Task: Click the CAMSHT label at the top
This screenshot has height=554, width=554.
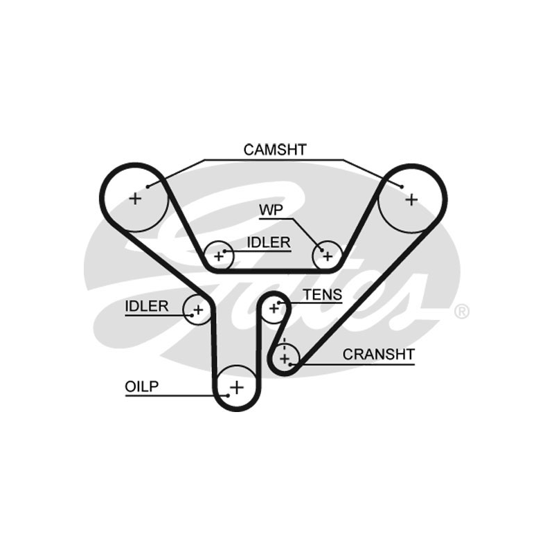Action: click(275, 150)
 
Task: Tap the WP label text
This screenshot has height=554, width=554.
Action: click(271, 210)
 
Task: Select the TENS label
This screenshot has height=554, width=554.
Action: click(323, 295)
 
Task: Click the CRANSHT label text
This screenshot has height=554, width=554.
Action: click(379, 355)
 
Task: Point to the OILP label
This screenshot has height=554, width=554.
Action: click(142, 386)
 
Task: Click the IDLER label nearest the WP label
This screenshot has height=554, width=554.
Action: click(269, 242)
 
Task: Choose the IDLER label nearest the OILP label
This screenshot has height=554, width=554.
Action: click(147, 306)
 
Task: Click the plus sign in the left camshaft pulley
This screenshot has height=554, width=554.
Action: click(134, 199)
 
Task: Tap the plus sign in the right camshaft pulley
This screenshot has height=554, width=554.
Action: click(411, 199)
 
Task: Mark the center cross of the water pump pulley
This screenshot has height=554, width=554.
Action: click(326, 256)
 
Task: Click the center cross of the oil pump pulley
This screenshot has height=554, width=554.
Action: click(237, 387)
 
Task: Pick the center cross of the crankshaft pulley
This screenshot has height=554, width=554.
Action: click(285, 358)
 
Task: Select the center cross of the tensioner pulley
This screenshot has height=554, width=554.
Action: click(274, 307)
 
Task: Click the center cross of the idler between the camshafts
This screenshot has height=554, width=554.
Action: click(220, 257)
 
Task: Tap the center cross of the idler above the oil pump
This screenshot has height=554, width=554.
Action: click(197, 309)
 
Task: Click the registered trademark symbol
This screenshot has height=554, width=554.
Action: click(462, 312)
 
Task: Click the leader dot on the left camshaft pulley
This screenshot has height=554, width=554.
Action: click(149, 186)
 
